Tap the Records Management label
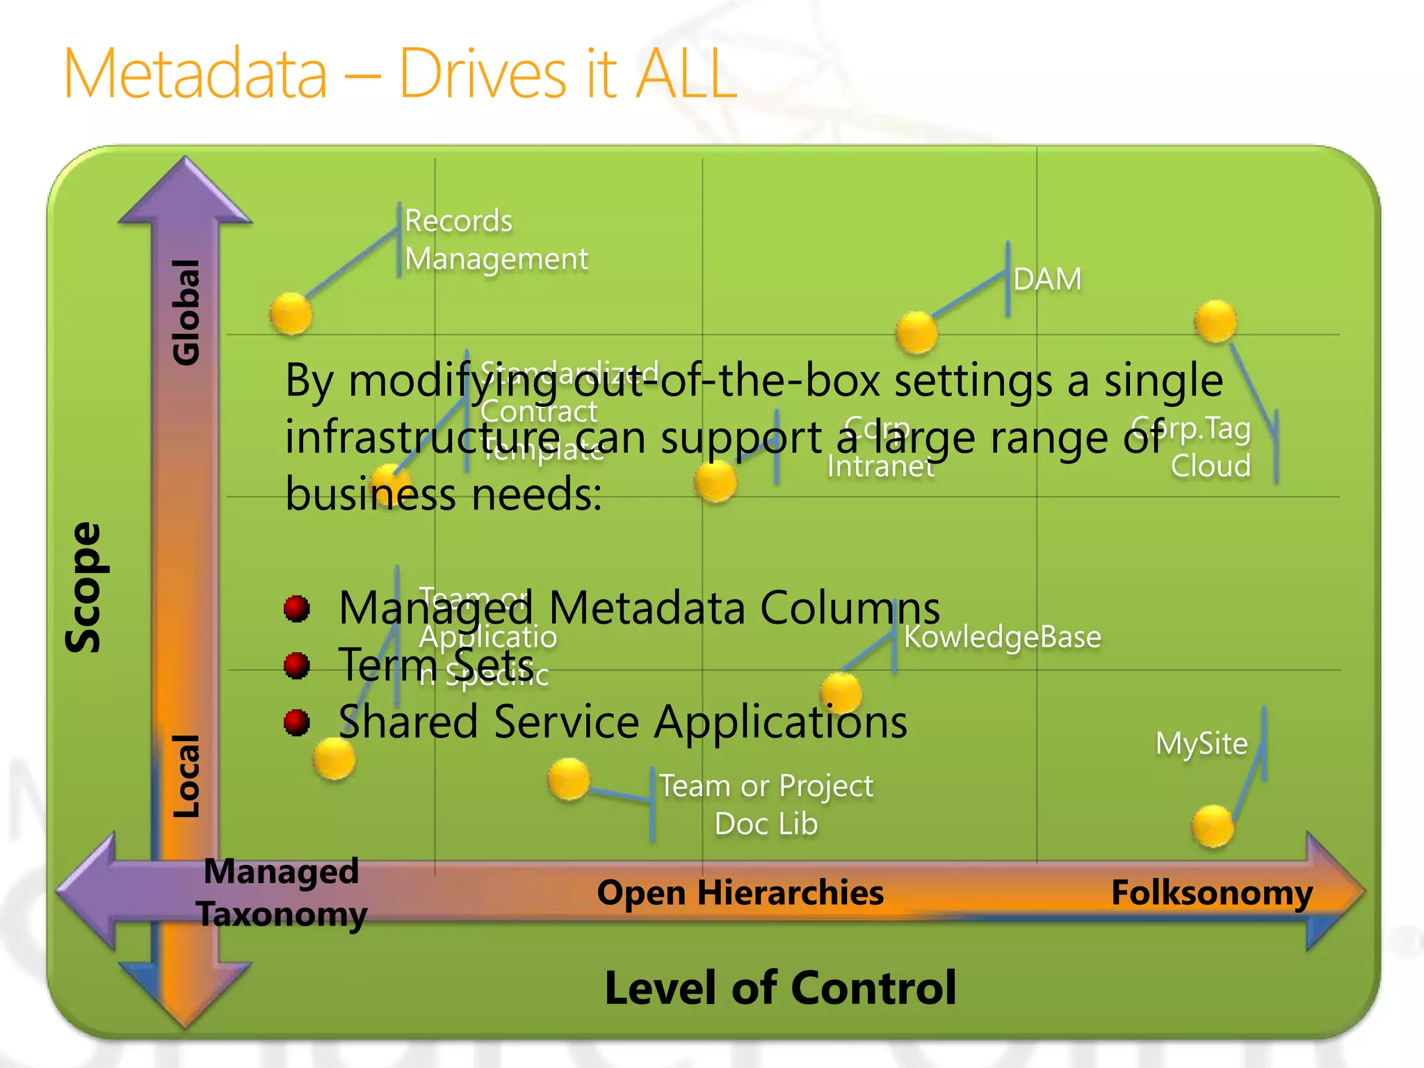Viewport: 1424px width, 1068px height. point(496,240)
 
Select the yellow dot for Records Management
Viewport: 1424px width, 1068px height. point(291,314)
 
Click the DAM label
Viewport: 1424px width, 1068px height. point(1047,280)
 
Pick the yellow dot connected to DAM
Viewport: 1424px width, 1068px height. point(916,332)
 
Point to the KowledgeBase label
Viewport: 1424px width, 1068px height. point(1002,637)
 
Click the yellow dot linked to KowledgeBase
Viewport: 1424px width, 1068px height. point(841,693)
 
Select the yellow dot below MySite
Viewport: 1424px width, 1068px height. point(1213,826)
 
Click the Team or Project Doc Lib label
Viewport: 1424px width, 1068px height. point(766,804)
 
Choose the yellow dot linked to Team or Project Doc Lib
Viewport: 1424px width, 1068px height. point(569,779)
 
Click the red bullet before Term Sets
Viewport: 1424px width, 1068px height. point(297,665)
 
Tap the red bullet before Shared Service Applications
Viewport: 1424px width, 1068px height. point(297,722)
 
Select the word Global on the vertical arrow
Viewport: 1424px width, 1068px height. point(186,312)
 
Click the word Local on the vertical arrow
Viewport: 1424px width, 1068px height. point(186,776)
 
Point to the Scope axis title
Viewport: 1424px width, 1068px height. point(83,588)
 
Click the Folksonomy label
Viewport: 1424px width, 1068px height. point(1212,893)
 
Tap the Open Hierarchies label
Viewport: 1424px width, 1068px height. point(740,893)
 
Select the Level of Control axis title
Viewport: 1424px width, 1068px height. point(780,987)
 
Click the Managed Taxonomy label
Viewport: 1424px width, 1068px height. point(282,893)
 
